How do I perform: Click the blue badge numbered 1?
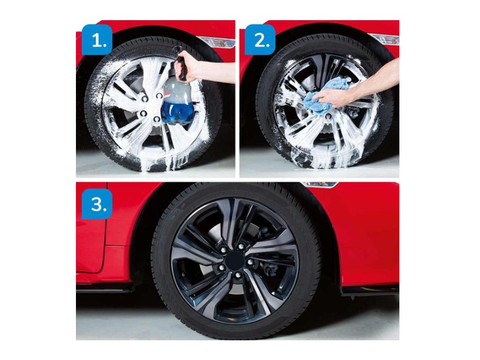pos(97,40)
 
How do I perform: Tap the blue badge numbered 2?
pos(260,40)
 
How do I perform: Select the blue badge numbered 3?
pos(97,204)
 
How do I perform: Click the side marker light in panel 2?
pos(387,39)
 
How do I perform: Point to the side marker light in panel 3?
pos(319,184)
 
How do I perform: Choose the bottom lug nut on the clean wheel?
pos(238,275)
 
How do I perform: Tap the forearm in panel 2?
pos(376,82)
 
